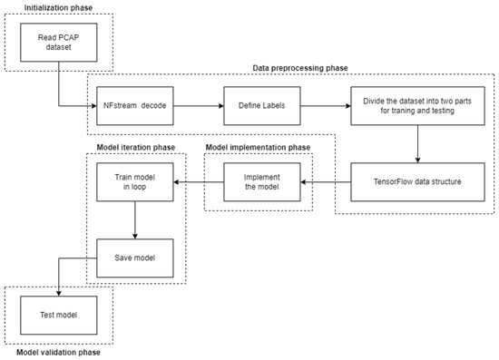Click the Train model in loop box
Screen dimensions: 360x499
coord(134,182)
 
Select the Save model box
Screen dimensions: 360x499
coord(134,258)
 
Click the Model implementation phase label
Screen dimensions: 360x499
coord(258,147)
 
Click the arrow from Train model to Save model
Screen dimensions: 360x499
coord(134,220)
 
